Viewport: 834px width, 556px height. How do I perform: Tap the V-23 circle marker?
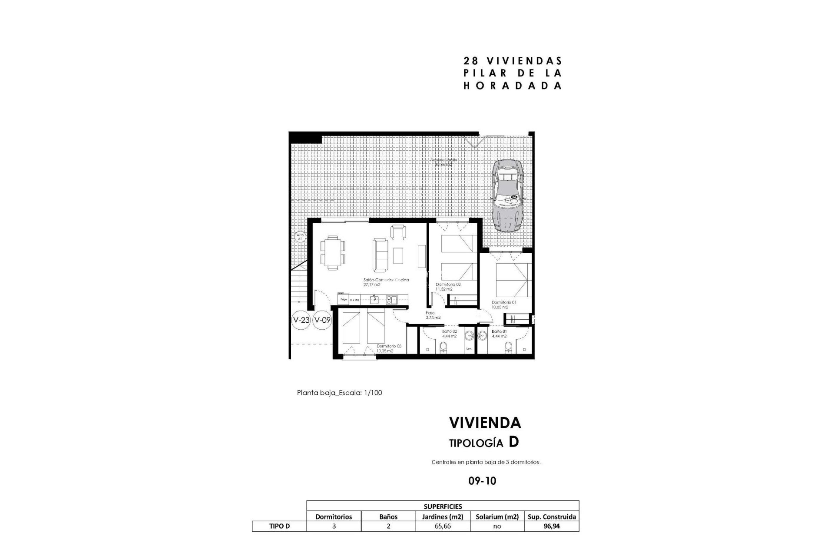[x=301, y=320]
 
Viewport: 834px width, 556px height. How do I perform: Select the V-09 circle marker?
[x=322, y=320]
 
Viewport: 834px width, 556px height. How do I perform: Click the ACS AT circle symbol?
[x=300, y=237]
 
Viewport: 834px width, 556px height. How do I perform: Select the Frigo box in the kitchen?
[x=343, y=299]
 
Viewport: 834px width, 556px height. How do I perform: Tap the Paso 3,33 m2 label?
[x=433, y=315]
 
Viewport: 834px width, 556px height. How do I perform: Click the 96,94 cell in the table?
[x=552, y=526]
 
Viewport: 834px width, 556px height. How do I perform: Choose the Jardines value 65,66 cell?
[x=443, y=526]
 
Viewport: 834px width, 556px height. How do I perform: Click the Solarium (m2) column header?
[x=497, y=516]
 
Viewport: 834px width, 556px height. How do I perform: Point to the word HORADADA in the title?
[x=513, y=85]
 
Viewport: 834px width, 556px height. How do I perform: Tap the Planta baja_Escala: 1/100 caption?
[x=339, y=393]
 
